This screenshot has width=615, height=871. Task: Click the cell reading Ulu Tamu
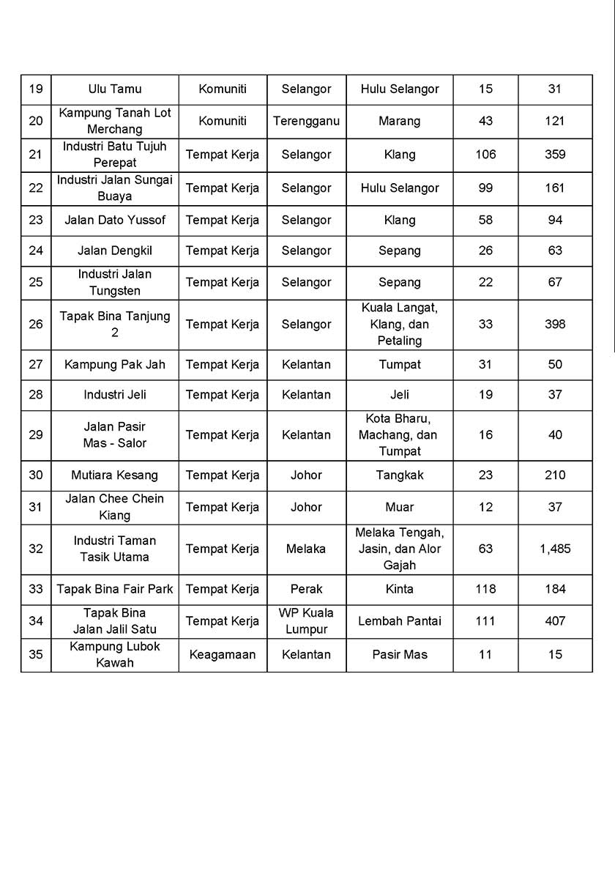click(x=115, y=89)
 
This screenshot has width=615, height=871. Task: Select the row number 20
click(x=36, y=121)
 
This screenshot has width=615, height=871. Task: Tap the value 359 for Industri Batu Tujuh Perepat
click(x=555, y=155)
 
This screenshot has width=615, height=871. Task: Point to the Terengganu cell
click(x=306, y=121)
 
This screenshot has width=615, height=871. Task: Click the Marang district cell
click(x=399, y=121)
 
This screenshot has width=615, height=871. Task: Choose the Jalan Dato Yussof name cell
click(x=115, y=220)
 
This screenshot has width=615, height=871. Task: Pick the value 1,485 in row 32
click(x=555, y=549)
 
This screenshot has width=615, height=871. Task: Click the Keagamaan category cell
click(x=223, y=654)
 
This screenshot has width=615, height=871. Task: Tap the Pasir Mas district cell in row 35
click(x=399, y=654)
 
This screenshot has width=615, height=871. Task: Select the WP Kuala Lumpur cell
click(x=306, y=621)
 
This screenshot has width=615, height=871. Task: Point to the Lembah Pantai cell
click(x=399, y=621)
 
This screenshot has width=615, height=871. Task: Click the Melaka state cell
click(x=306, y=549)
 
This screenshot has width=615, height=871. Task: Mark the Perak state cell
click(x=306, y=589)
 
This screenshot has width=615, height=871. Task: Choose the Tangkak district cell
click(x=399, y=475)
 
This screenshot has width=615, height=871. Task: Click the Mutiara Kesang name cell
click(x=115, y=475)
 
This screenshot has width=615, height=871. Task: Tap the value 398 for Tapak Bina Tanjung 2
click(x=555, y=324)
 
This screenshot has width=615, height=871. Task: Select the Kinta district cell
click(x=399, y=589)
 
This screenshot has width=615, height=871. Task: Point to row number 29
click(x=36, y=434)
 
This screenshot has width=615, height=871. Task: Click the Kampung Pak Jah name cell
click(x=115, y=364)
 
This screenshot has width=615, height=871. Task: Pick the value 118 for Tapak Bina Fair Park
click(x=485, y=589)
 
